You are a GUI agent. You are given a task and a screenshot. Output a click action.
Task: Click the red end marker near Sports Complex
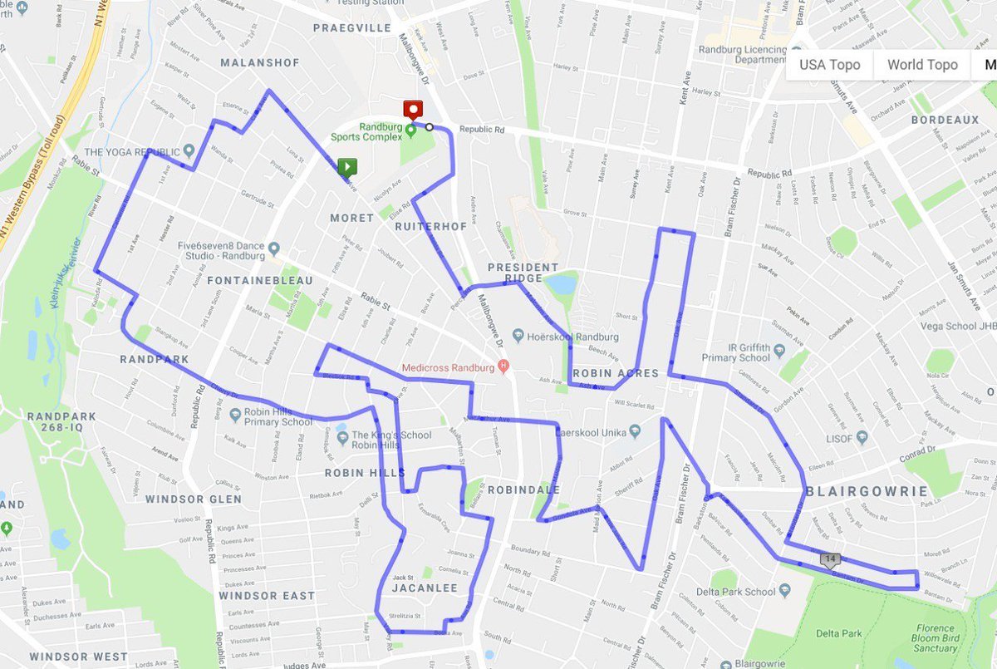click(412, 110)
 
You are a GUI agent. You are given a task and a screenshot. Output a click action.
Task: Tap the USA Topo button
click(829, 65)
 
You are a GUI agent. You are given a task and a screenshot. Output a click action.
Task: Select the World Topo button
click(922, 65)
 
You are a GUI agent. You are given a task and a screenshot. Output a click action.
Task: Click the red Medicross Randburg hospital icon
click(503, 366)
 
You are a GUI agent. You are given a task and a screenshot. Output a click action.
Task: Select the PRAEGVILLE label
click(351, 28)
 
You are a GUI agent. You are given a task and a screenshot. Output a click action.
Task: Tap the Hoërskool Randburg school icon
click(518, 337)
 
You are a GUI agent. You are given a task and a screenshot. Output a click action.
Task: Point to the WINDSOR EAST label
click(267, 596)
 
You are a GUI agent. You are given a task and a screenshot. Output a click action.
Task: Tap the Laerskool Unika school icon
click(635, 431)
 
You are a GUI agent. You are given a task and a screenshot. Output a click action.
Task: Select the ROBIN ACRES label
click(616, 373)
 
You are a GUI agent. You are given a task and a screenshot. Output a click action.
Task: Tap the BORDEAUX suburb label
click(945, 121)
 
